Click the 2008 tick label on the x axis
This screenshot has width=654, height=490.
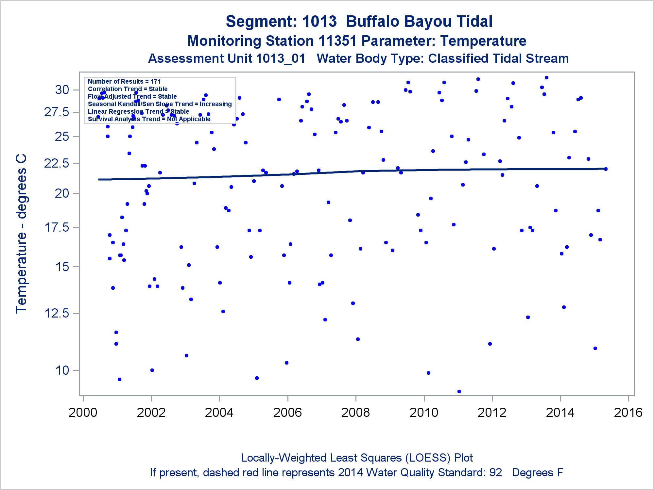355,413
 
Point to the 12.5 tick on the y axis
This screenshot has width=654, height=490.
57,313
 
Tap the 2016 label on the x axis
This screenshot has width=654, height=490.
628,413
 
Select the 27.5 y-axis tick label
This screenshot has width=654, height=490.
57,112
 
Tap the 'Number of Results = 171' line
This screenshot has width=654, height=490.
124,81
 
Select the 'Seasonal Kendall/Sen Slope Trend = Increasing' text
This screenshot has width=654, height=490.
160,104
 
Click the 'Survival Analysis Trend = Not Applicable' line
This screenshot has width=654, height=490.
149,119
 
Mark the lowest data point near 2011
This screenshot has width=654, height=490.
459,391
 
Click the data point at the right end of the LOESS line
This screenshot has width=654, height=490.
606,169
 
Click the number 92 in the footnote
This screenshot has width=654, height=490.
495,473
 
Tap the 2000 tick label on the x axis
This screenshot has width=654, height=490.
83,413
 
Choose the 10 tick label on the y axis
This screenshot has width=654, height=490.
62,370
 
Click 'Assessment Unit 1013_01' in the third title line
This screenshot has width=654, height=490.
227,59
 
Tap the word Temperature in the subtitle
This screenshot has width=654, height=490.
483,41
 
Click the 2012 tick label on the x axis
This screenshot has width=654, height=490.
492,413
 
